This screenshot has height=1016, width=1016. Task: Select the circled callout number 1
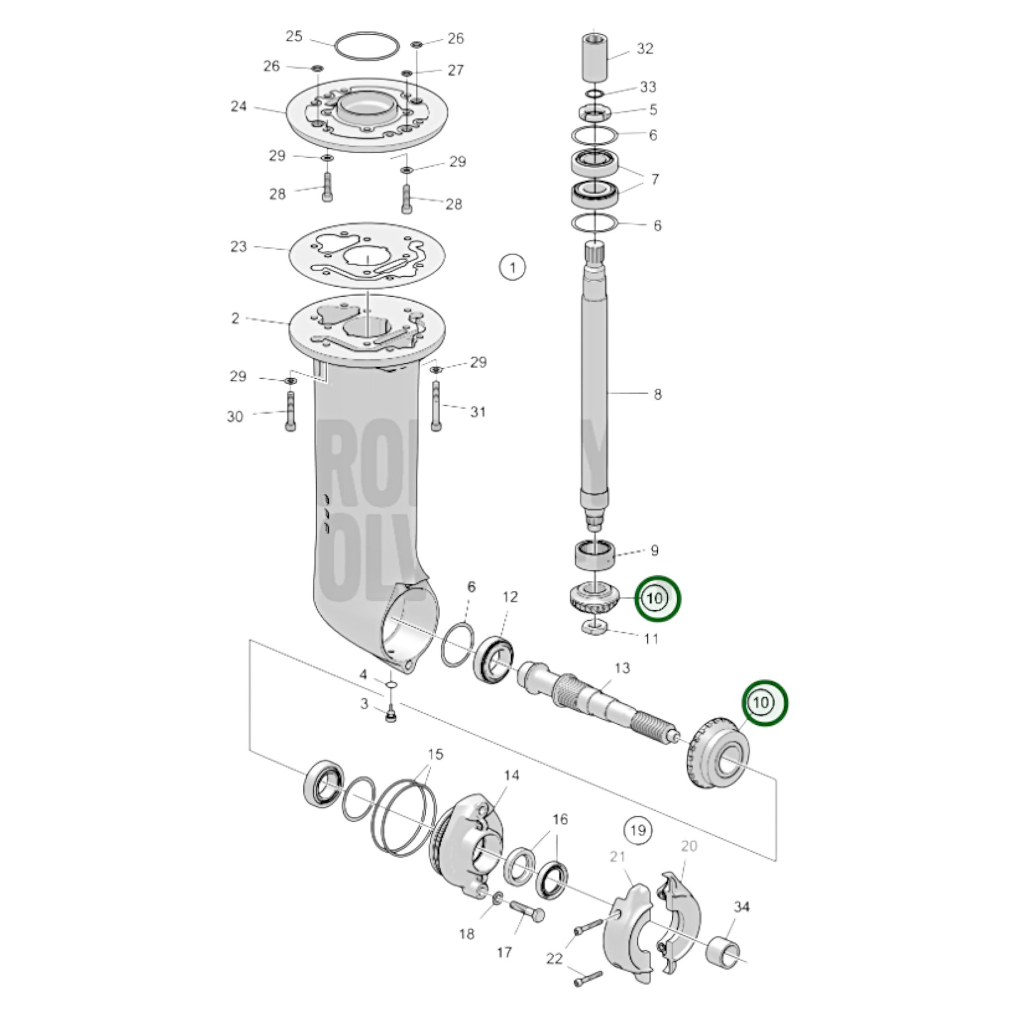513,268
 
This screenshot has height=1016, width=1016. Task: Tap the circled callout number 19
637,830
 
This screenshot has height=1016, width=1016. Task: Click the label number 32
645,49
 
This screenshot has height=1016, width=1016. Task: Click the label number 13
622,668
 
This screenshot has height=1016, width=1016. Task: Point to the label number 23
239,246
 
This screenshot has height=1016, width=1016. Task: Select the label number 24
239,106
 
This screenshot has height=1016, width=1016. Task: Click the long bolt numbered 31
436,405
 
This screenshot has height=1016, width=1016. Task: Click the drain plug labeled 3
391,716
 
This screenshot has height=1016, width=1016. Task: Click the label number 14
511,775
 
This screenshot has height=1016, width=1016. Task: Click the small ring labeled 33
595,93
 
